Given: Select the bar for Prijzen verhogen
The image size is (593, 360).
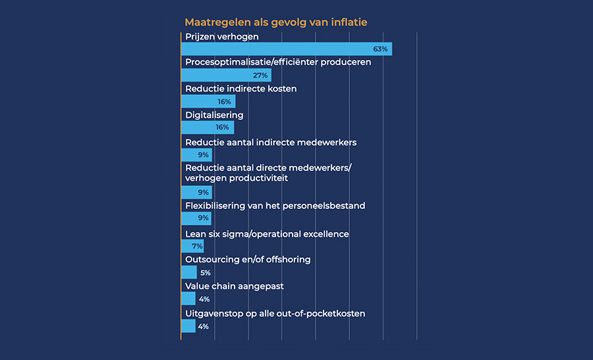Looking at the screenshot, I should click(x=286, y=49).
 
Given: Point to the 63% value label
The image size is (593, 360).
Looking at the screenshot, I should click(x=380, y=49).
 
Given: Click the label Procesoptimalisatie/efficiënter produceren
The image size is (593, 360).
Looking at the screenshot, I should click(x=278, y=62).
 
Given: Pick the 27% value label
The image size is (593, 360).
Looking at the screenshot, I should click(x=260, y=75).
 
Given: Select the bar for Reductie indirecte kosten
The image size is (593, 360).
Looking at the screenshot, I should click(x=208, y=102).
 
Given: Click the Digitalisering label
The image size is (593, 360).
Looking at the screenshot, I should click(x=214, y=115).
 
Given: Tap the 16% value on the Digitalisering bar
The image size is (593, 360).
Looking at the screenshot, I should click(x=222, y=127).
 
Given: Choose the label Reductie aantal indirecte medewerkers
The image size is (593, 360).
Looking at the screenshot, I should click(x=271, y=142).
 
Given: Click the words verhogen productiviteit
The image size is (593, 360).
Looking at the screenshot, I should click(x=237, y=178).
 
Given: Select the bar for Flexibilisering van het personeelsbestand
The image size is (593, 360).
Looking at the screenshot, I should click(x=196, y=218).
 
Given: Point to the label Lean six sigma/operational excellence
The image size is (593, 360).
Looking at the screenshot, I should click(x=267, y=234).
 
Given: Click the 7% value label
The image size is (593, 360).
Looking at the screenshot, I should click(x=196, y=246).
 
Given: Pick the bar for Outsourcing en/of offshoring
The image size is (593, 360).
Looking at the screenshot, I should click(x=188, y=272).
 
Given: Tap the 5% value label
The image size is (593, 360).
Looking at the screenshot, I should click(x=205, y=272).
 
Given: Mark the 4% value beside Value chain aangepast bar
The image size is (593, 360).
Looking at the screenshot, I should click(x=204, y=299).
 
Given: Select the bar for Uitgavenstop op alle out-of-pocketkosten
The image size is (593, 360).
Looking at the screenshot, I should click(x=188, y=326).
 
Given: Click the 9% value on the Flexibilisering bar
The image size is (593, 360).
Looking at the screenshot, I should click(x=204, y=218).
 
